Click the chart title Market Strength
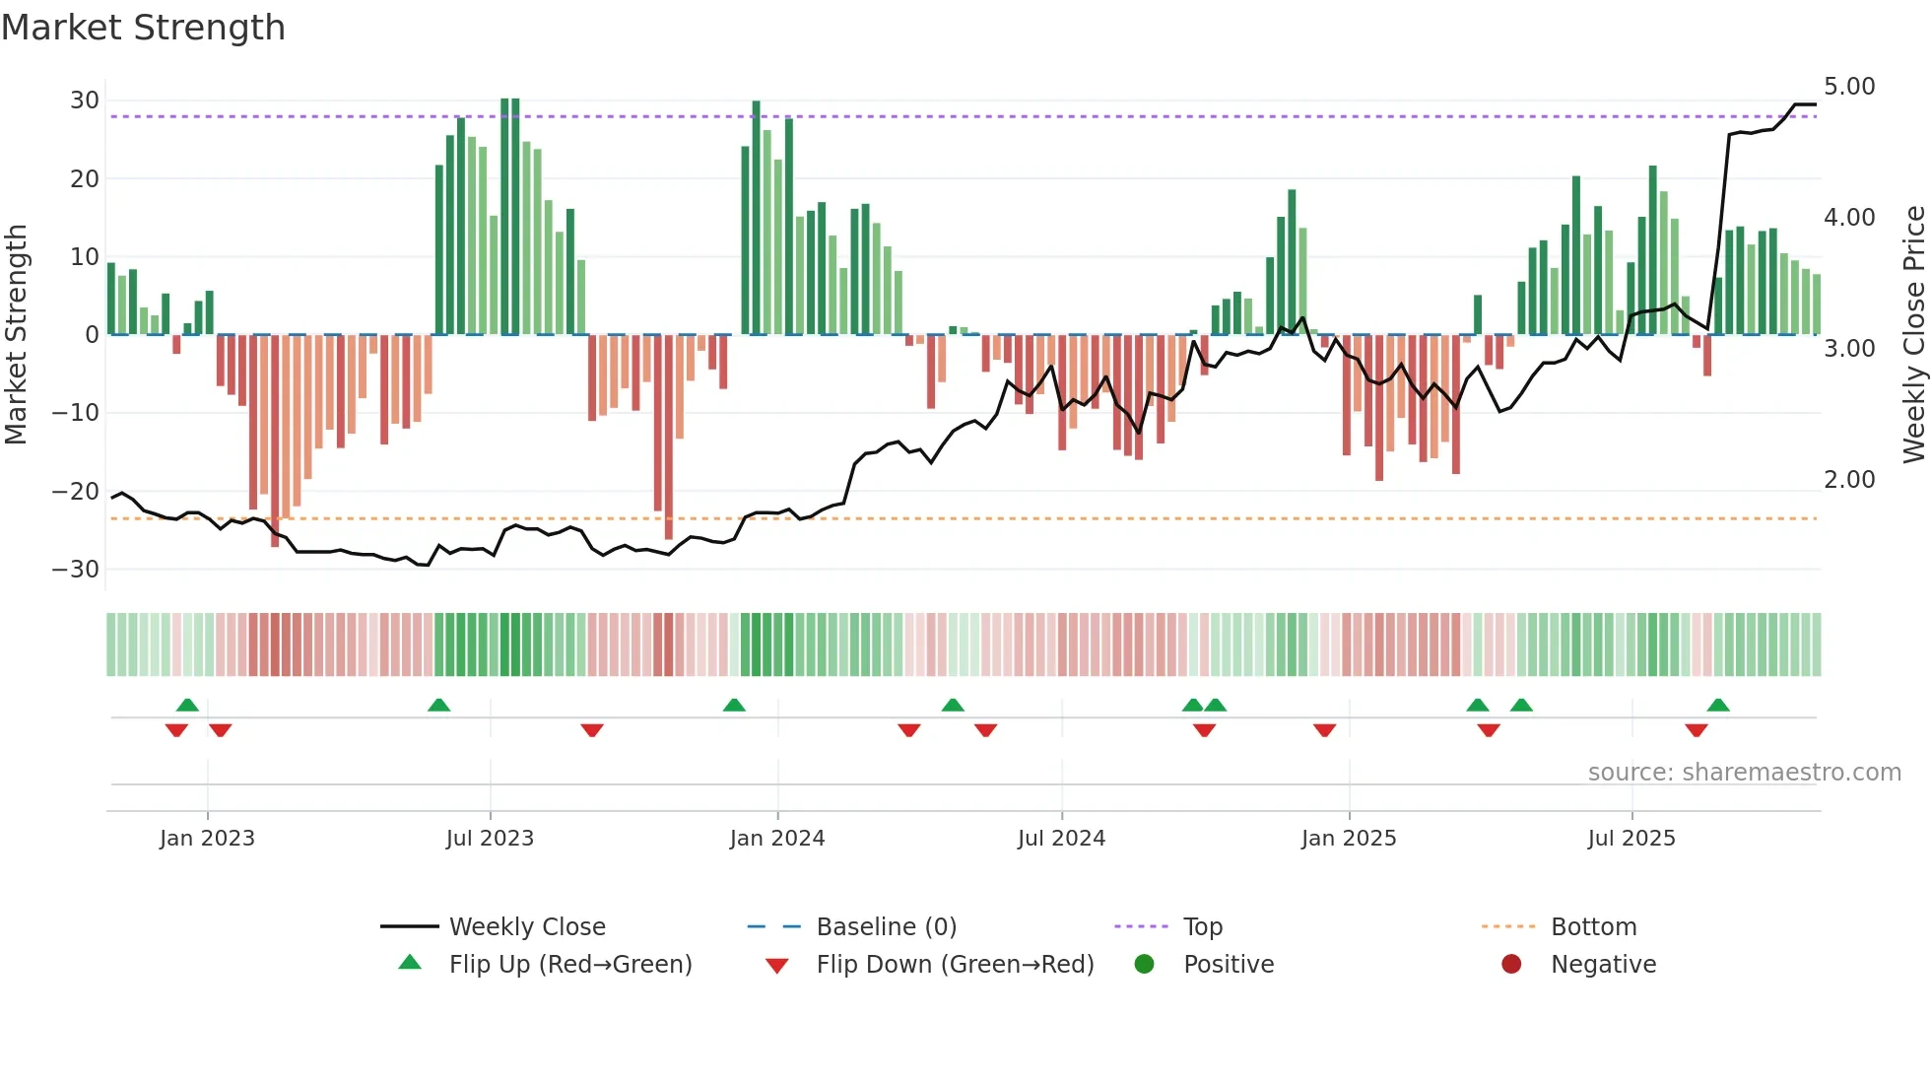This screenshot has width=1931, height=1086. click(143, 28)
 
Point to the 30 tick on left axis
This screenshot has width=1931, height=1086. click(85, 101)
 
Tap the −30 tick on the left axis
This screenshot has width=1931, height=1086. click(77, 570)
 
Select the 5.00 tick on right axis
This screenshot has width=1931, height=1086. click(1849, 87)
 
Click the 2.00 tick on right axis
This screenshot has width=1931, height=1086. click(1849, 480)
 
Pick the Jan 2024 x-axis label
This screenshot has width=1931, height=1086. click(776, 839)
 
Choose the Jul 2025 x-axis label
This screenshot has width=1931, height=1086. click(1631, 839)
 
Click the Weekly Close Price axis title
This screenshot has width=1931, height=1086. click(1913, 335)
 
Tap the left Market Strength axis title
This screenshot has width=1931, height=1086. click(16, 335)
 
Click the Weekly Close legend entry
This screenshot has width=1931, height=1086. click(526, 927)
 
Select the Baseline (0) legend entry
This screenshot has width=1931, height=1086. click(886, 927)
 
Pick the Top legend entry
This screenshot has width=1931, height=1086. click(1202, 927)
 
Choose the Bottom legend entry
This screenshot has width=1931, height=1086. click(1593, 927)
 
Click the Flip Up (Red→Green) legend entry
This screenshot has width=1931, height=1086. click(569, 965)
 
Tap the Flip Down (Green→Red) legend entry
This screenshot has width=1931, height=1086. click(954, 965)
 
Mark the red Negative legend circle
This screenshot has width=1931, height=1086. click(1510, 964)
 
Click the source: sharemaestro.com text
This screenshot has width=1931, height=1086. click(1744, 773)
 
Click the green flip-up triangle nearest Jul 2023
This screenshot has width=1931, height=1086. click(439, 706)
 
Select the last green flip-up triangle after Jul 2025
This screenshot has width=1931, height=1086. click(1718, 706)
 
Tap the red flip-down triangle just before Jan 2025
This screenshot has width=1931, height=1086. click(1324, 730)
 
